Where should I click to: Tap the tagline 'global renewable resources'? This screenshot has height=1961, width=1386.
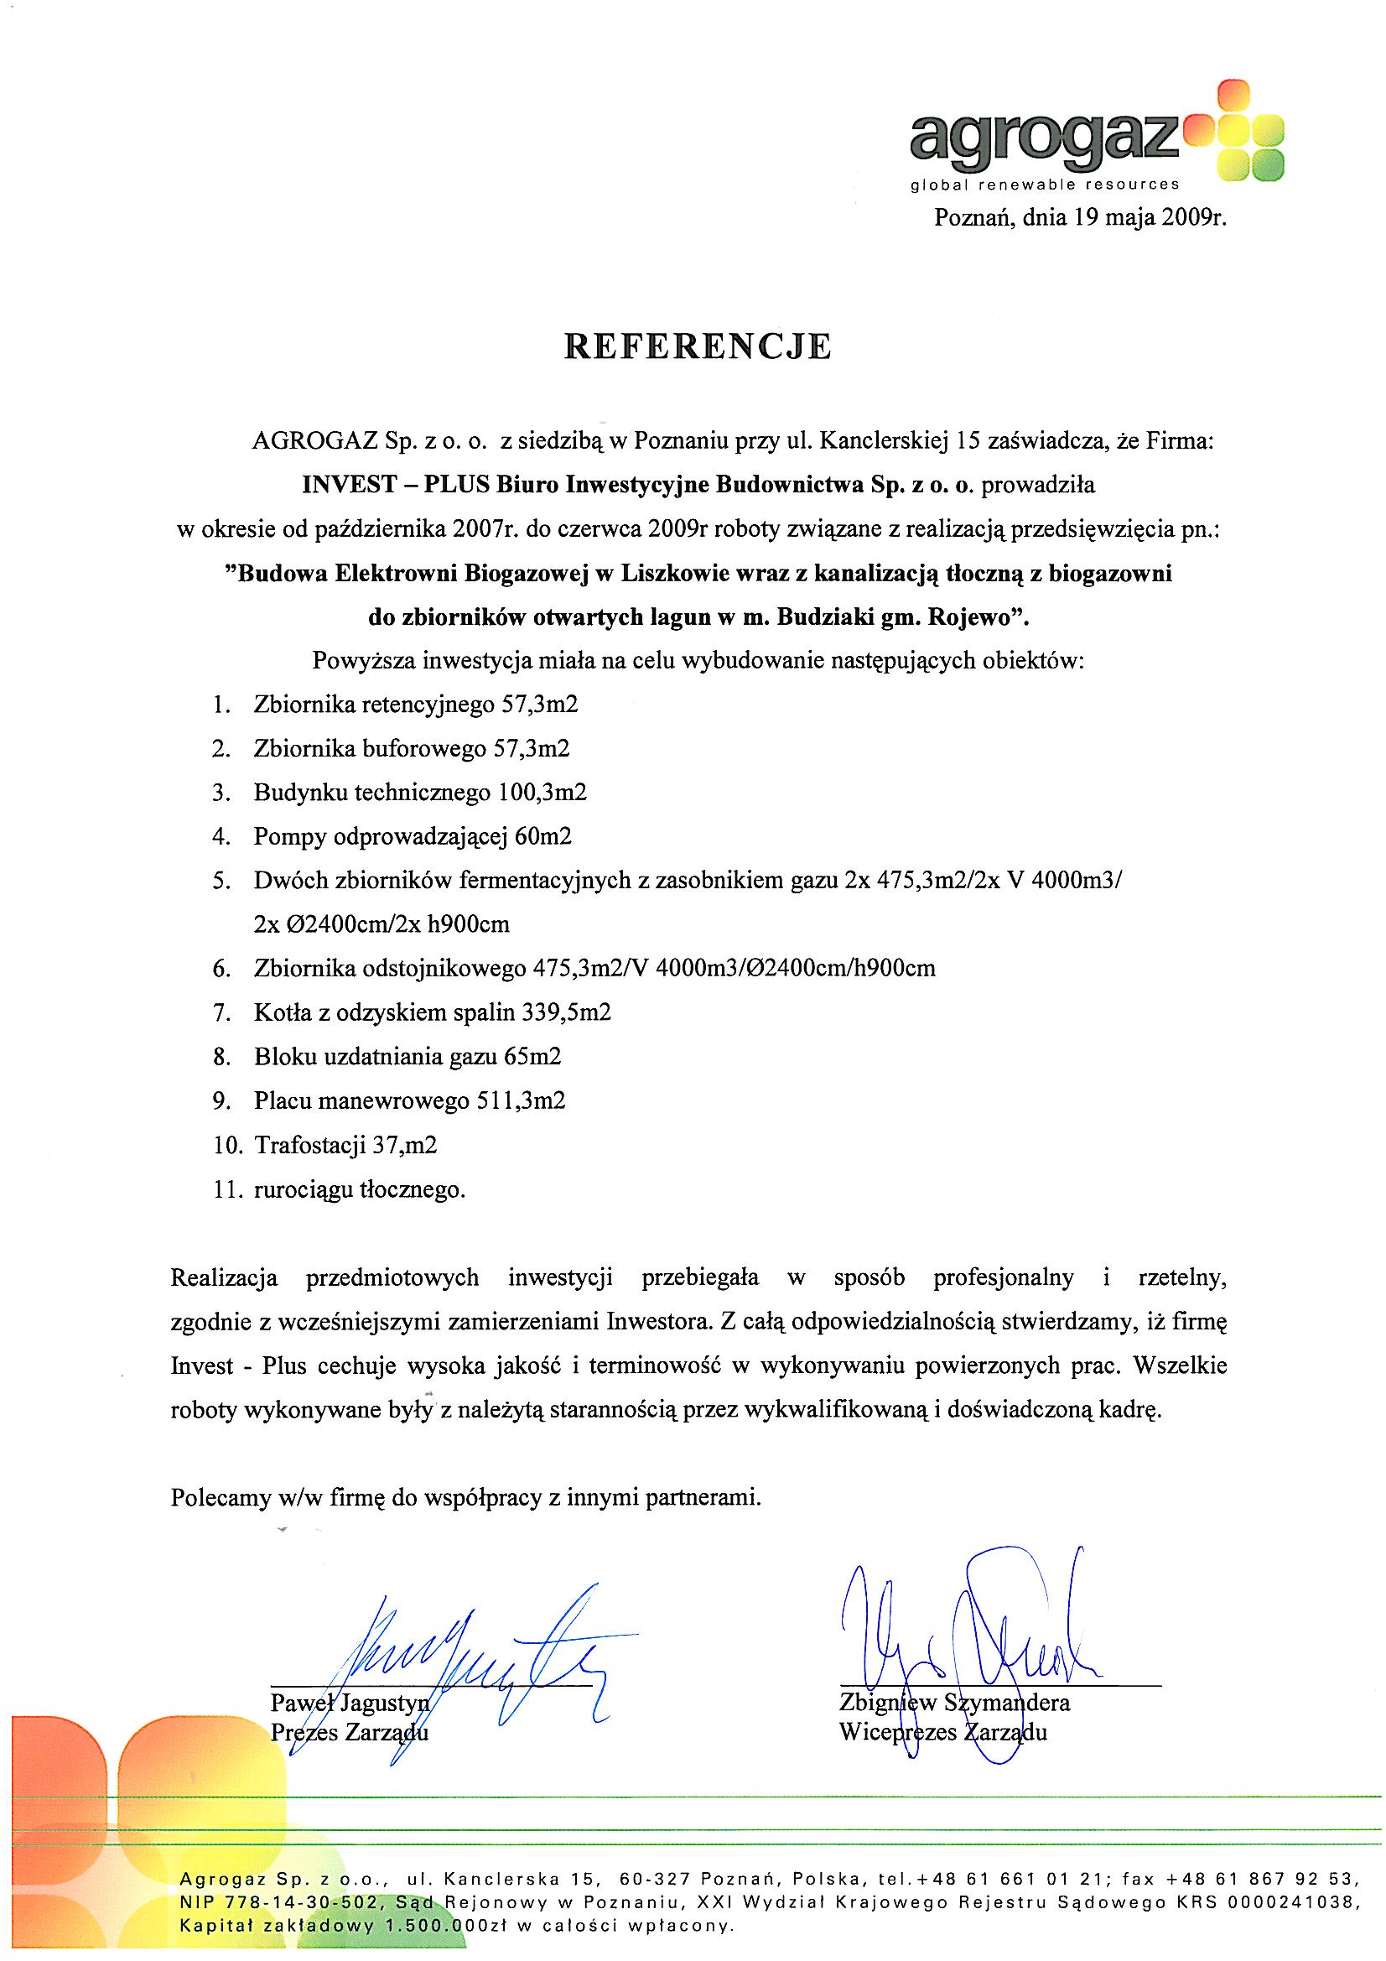pyautogui.click(x=1046, y=184)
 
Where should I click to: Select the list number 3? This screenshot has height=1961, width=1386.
pyautogui.click(x=222, y=793)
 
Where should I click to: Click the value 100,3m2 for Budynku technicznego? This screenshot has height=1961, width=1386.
pyautogui.click(x=542, y=793)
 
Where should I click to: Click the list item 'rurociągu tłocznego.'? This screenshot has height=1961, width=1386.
pyautogui.click(x=360, y=1189)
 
